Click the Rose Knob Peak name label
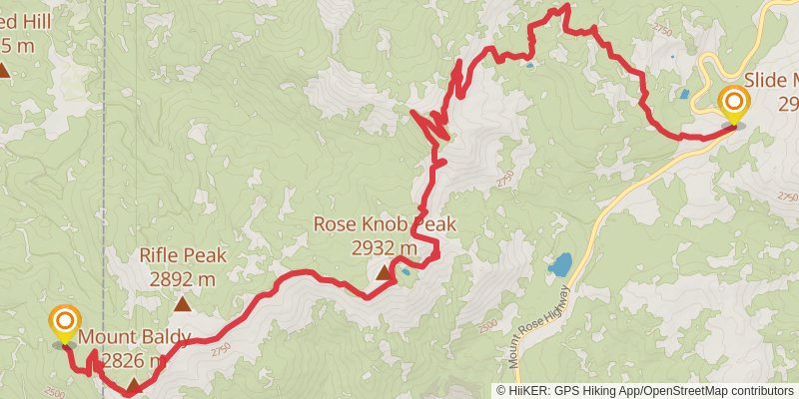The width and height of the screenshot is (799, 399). click(385, 224)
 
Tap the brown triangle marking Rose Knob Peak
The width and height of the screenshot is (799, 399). click(384, 271)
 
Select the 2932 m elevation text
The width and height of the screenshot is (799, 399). click(385, 248)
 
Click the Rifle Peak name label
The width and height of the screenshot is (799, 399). click(183, 255)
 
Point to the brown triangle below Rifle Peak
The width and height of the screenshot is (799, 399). click(183, 304)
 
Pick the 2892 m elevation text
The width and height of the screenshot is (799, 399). click(183, 279)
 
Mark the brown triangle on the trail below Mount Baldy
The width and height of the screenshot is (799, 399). click(133, 384)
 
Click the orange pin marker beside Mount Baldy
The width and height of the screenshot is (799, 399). click(65, 321)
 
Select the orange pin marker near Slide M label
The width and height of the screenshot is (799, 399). click(734, 102)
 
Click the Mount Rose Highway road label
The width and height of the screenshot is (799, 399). click(540, 325)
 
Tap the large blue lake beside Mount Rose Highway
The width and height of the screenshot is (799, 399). click(559, 265)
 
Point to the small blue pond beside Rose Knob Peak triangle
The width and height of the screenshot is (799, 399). click(405, 270)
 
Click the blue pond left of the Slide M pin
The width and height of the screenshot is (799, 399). click(683, 95)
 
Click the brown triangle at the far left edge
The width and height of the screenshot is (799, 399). click(5, 70)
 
